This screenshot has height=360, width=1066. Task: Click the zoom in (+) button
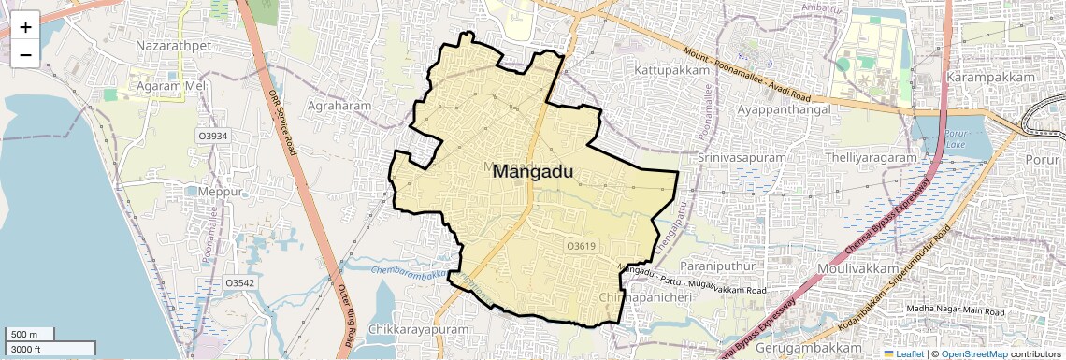point(25,27)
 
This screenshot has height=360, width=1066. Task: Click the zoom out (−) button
point(25,55)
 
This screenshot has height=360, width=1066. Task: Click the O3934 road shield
point(212,136)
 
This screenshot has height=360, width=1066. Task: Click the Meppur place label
point(221,192)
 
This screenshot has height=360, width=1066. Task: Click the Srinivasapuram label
point(742,158)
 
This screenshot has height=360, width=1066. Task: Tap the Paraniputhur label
point(718,266)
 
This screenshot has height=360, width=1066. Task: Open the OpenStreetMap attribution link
point(973,354)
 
